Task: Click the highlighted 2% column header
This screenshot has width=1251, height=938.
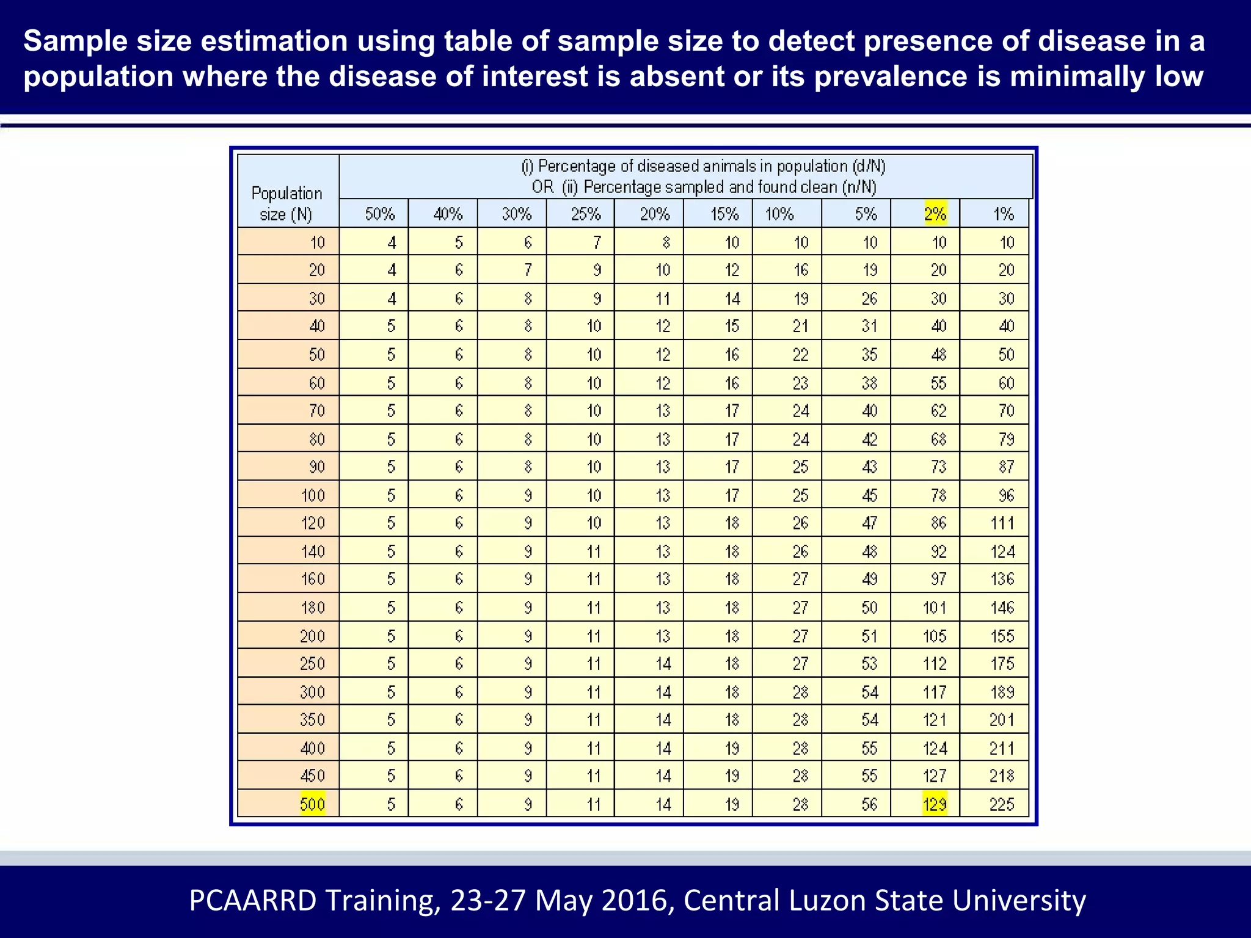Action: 935,214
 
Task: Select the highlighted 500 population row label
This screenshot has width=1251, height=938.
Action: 312,804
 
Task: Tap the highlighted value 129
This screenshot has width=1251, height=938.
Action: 935,804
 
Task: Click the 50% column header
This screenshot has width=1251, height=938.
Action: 380,214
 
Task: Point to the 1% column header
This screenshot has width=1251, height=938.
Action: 1003,214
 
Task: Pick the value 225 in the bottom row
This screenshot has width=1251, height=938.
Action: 1002,804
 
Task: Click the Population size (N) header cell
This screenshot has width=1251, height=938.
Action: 286,203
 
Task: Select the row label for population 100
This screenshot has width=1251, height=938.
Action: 313,495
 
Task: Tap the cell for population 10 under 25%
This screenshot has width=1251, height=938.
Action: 597,242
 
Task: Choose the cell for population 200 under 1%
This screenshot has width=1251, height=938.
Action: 1002,636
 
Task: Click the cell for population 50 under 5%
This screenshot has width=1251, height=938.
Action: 869,354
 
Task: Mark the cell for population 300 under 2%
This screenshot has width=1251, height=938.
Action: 935,692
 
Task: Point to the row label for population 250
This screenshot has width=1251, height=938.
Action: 312,663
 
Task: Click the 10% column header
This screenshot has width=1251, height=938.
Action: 780,214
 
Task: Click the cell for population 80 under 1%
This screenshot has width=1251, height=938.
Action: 1006,438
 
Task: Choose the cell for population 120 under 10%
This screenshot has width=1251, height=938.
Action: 800,523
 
